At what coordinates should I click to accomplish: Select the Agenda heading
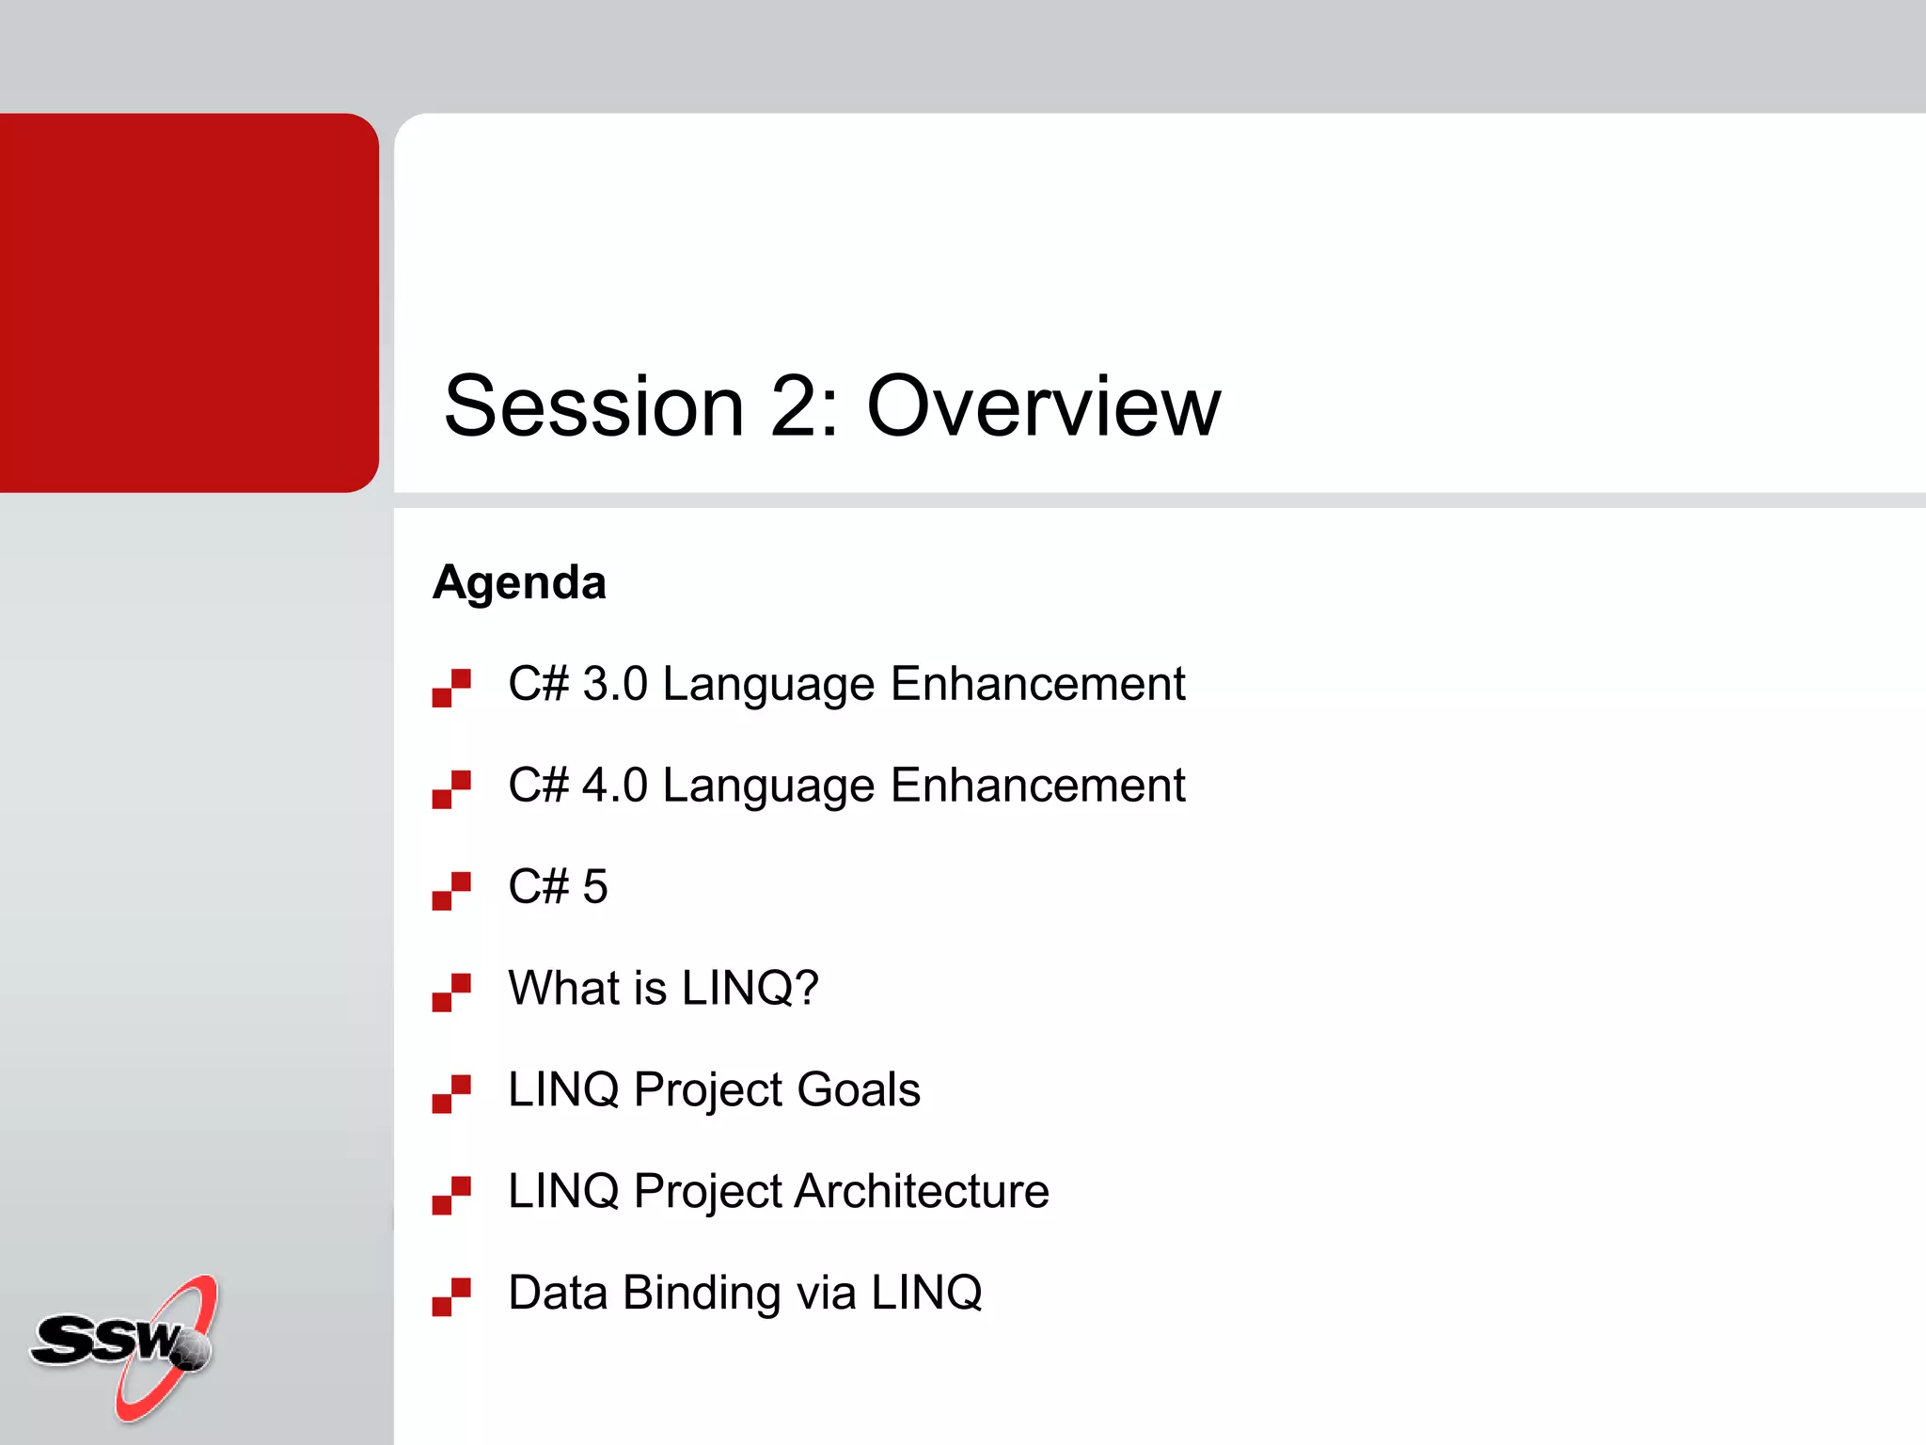519,582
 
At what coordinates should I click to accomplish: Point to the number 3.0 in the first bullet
615,684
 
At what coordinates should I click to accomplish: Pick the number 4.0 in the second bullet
615,786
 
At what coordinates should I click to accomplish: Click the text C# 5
558,886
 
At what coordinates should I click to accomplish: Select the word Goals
858,1089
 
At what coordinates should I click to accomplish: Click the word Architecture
922,1191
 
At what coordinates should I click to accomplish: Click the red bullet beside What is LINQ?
451,992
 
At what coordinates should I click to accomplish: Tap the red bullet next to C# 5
451,891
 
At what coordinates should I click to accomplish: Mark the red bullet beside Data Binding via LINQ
451,1297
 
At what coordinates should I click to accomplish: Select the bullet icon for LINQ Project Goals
451,1094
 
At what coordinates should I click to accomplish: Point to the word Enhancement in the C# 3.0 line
1037,684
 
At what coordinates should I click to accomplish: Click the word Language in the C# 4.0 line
768,786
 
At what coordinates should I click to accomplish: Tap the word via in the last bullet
827,1294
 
